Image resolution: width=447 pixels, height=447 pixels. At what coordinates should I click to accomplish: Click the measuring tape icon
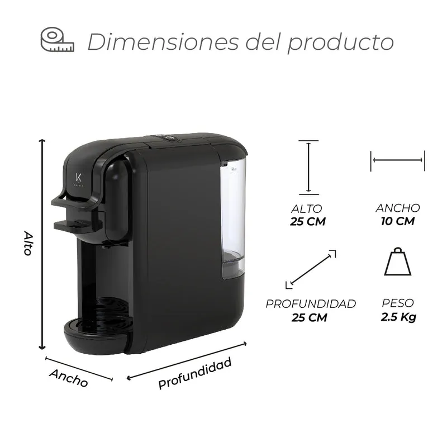click(57, 40)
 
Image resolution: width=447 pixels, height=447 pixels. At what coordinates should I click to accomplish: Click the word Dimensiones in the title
click(163, 42)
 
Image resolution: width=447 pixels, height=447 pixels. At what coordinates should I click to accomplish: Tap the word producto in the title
click(341, 44)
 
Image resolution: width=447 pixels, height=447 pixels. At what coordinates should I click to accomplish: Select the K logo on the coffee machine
click(79, 177)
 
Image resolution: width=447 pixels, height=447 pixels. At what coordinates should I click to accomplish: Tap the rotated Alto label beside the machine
click(28, 243)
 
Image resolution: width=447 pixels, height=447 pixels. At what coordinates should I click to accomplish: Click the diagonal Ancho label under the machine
click(69, 378)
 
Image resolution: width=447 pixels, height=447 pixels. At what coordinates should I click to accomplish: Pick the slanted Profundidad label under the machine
click(194, 373)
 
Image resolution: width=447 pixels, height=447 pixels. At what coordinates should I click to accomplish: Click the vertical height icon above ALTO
click(308, 167)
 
